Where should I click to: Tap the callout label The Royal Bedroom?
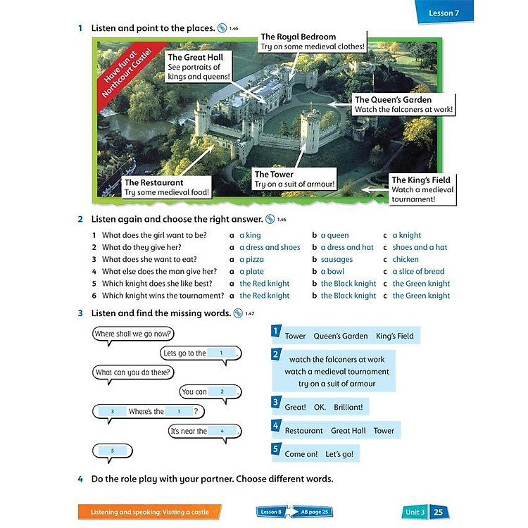313,42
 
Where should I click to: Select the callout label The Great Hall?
199,67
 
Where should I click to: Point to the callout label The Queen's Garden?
403,105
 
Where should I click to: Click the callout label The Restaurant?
158,187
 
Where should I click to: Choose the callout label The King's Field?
422,189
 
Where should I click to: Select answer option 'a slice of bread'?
418,271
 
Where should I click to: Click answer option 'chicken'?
406,259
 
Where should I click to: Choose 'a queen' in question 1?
334,235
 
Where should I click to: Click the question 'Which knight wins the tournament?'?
163,296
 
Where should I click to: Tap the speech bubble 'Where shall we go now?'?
134,334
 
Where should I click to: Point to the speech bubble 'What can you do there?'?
134,372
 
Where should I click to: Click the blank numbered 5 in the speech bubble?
112,451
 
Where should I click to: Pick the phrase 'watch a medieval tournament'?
337,372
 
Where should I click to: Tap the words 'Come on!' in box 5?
301,454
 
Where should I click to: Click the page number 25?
439,512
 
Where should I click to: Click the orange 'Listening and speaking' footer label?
149,512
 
